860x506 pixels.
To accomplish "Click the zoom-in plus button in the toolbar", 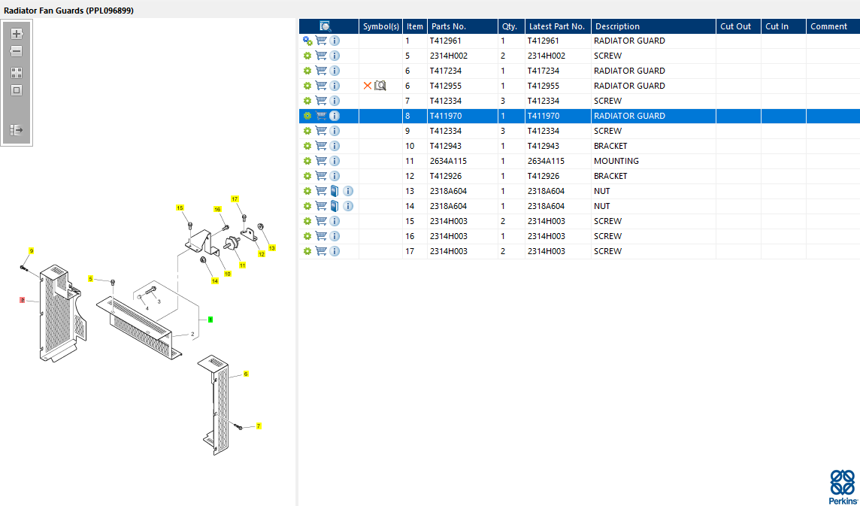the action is pos(17,34).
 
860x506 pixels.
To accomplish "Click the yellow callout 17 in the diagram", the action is pos(235,198).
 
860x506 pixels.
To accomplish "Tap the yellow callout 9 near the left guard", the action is pos(32,251).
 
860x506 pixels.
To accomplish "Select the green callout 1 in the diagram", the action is pos(210,320).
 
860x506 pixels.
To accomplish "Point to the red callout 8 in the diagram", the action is pos(23,300).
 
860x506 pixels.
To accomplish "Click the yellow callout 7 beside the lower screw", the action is pos(259,426).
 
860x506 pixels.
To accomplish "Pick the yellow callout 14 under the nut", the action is pos(215,281).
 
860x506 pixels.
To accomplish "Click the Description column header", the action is pos(617,26).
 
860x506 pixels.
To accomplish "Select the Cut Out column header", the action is pos(735,26).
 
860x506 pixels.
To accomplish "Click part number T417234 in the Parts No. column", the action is pos(445,71).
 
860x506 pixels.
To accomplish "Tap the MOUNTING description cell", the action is pos(616,161).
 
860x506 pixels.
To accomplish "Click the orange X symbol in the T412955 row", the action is pos(368,86).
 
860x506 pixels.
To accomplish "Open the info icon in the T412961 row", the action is pos(335,41).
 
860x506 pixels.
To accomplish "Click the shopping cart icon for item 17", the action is pos(321,251).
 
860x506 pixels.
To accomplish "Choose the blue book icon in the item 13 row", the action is pos(335,191).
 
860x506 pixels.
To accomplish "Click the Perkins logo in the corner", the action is pos(842,486).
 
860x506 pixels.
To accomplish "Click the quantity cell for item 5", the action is pos(503,56).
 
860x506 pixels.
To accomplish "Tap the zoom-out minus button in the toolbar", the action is pos(17,52).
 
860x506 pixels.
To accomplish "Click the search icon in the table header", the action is pos(326,26).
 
